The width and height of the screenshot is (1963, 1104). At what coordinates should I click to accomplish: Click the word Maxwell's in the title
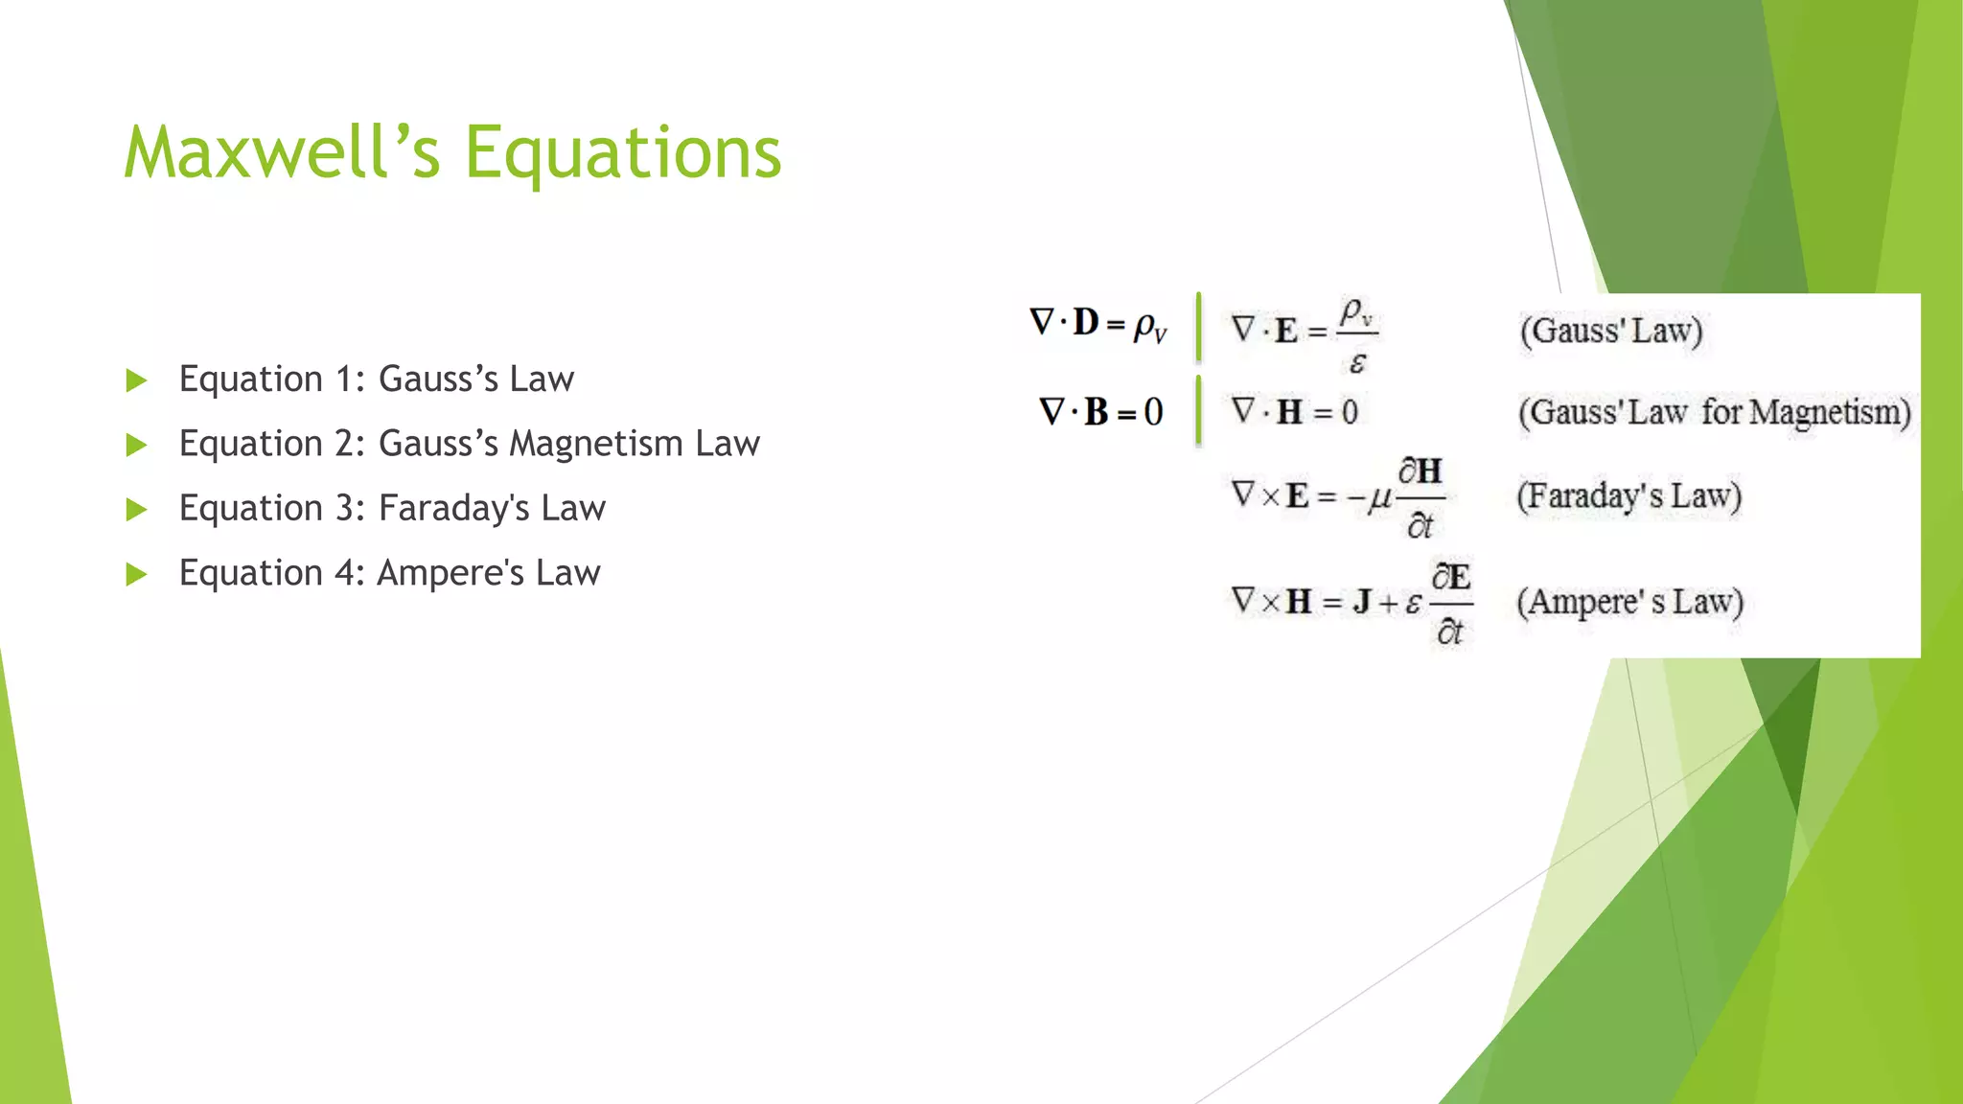click(x=282, y=153)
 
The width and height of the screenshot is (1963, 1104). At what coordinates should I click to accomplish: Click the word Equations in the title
click(x=623, y=153)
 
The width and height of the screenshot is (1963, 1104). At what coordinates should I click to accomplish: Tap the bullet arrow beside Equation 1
click(x=137, y=380)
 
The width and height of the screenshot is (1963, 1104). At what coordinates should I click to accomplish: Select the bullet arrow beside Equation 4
click(x=137, y=574)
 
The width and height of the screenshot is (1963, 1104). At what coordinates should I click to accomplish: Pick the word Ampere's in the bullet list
click(x=450, y=573)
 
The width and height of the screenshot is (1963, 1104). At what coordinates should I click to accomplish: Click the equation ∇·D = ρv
click(x=1098, y=324)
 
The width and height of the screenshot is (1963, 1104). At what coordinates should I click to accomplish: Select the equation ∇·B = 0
click(x=1100, y=412)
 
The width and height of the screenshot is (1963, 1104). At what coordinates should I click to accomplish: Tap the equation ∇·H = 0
click(x=1294, y=412)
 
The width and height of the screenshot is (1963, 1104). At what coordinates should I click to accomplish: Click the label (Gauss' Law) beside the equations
click(x=1610, y=331)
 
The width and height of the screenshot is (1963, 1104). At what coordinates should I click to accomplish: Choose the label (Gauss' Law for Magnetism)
click(x=1714, y=413)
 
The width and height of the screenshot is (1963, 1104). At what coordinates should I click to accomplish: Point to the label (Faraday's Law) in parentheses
click(x=1628, y=496)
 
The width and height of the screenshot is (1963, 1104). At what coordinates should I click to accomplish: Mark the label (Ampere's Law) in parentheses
click(x=1629, y=602)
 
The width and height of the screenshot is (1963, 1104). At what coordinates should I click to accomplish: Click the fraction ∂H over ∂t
click(x=1420, y=498)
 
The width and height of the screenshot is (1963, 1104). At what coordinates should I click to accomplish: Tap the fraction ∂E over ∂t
click(x=1451, y=604)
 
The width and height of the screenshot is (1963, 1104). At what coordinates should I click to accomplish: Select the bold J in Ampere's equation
click(x=1361, y=602)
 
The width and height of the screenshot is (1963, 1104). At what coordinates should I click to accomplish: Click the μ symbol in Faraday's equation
click(x=1379, y=498)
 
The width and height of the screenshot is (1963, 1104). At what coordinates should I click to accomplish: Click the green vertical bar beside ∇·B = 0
click(x=1198, y=411)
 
